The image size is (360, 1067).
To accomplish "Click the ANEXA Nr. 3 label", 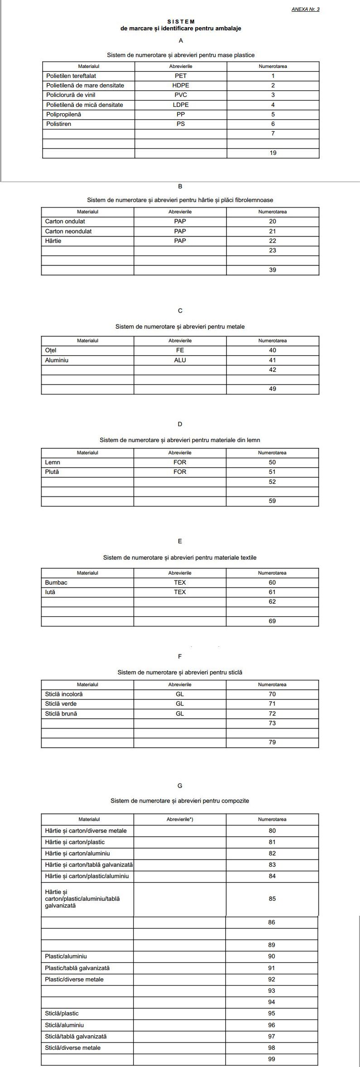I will [306, 9].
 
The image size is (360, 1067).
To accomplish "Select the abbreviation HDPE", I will [181, 86].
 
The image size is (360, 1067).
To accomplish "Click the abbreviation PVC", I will [181, 95].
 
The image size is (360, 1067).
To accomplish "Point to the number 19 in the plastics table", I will [273, 153].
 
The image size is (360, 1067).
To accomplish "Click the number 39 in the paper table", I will [272, 270].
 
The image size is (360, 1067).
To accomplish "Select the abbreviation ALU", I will [180, 360].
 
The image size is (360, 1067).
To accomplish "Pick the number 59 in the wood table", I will [272, 501].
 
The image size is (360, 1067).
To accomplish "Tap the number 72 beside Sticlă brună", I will [272, 713].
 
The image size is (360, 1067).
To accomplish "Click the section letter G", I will [180, 786].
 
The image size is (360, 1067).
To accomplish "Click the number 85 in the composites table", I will [272, 899].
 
